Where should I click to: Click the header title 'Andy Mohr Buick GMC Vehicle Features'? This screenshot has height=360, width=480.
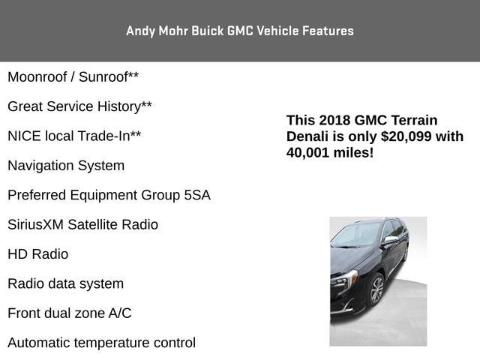click(240, 31)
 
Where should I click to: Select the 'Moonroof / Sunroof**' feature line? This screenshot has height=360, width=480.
click(73, 76)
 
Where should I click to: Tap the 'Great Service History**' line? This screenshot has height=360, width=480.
click(79, 106)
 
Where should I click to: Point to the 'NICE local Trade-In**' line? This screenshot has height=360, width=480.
click(74, 136)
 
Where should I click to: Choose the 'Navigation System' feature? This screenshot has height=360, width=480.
click(66, 165)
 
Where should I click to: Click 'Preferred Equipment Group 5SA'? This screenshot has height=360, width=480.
click(109, 195)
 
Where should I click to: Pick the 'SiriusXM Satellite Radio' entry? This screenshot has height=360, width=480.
click(82, 224)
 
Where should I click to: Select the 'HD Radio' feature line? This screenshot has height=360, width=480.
click(37, 254)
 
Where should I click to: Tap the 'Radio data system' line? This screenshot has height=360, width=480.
click(65, 283)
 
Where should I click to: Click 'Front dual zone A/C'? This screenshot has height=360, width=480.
click(69, 313)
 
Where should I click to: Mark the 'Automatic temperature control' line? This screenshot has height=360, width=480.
click(101, 343)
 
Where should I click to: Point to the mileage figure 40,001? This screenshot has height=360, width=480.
click(310, 153)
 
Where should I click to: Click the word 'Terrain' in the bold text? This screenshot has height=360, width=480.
click(412, 121)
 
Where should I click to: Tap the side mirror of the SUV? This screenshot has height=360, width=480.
click(391, 240)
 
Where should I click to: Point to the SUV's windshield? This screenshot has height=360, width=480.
click(355, 235)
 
